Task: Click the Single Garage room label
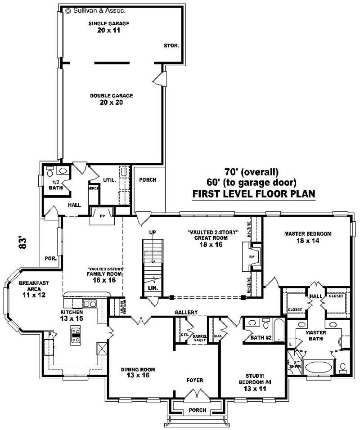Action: (x=109, y=27)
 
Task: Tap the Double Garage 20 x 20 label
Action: (x=111, y=99)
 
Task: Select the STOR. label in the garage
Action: (x=171, y=46)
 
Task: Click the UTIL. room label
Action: (x=109, y=180)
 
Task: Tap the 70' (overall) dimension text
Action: (x=252, y=172)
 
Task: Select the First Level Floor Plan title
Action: (x=253, y=194)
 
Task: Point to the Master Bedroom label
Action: (x=308, y=237)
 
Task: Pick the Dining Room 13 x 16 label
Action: (x=135, y=372)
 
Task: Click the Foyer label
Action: (x=195, y=381)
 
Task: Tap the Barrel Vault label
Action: (x=199, y=337)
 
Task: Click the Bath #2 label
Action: (x=260, y=337)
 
